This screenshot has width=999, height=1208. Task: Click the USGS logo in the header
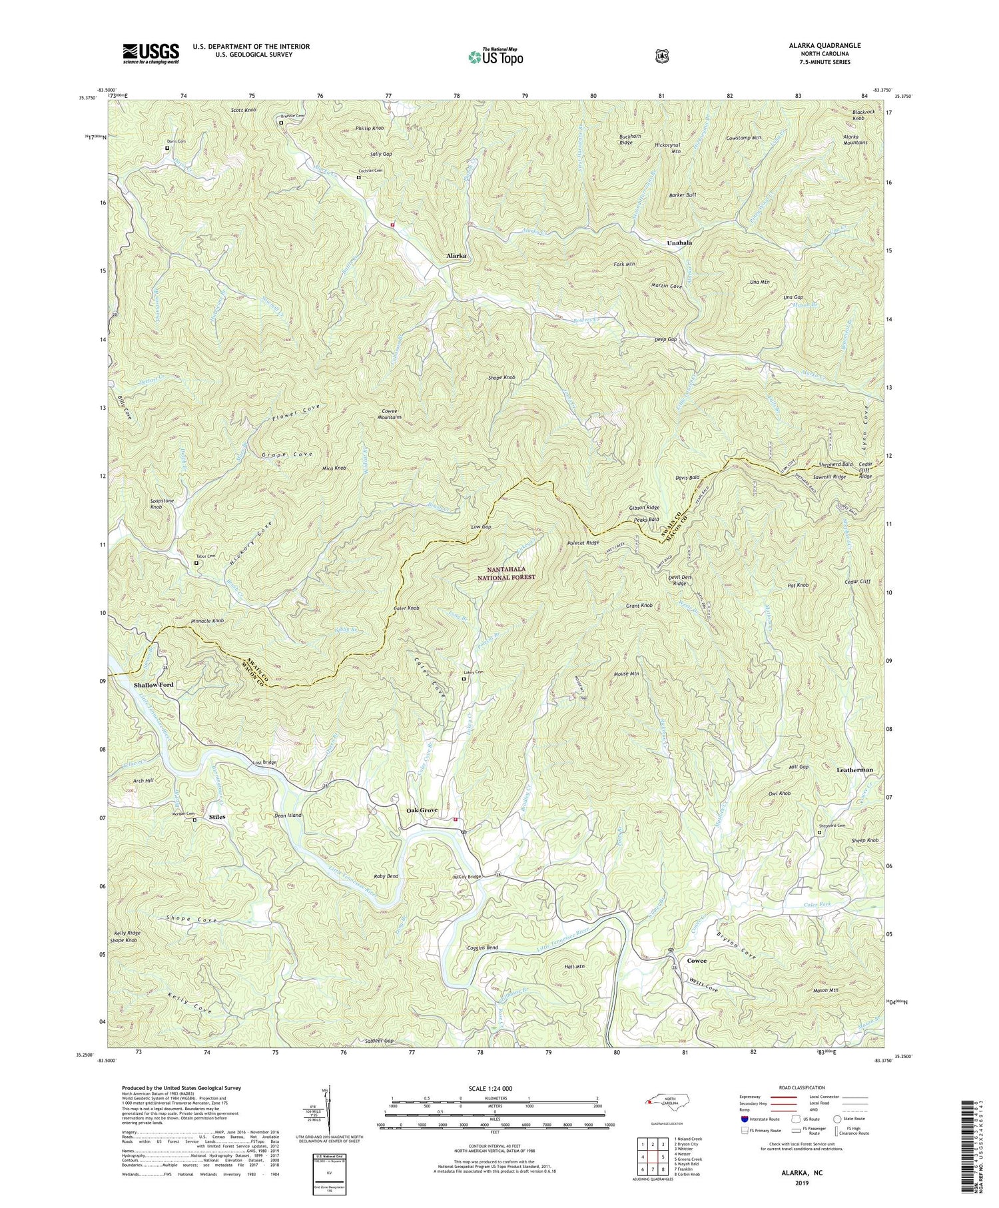[x=151, y=53]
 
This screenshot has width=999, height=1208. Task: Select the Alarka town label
[x=456, y=256]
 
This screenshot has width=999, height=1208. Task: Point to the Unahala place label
[x=679, y=243]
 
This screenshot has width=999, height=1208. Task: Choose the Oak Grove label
[x=422, y=810]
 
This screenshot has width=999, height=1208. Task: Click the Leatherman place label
[x=854, y=770]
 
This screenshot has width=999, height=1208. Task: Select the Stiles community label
[x=217, y=816]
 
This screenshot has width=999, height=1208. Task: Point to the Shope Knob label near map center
[x=501, y=378]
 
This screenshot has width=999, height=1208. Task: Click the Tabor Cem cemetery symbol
[x=196, y=563]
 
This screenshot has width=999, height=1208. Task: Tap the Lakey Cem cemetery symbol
[x=464, y=680]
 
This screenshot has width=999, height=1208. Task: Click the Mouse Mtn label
[x=626, y=674]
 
